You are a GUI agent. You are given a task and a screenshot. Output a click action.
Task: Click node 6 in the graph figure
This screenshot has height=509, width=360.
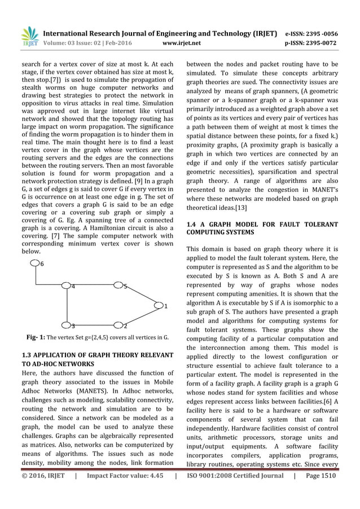(x=36, y=263)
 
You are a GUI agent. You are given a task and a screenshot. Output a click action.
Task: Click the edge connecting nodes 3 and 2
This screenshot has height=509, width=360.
(x=93, y=326)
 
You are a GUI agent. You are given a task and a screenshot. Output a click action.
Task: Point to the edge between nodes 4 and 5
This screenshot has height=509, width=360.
(x=93, y=286)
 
